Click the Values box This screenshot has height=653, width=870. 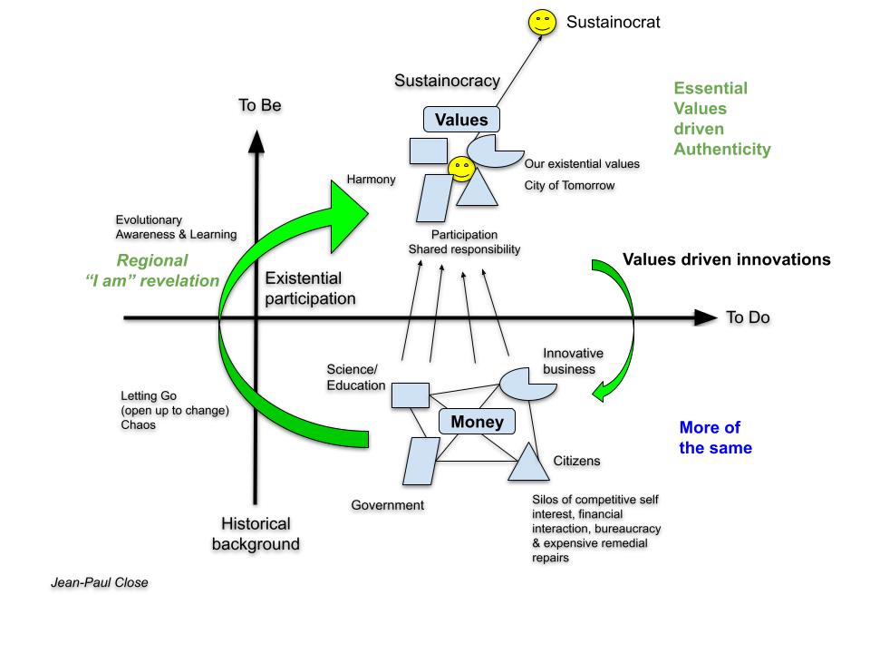(x=461, y=120)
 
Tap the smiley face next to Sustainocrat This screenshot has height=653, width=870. (x=543, y=22)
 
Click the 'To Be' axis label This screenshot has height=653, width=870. (x=260, y=105)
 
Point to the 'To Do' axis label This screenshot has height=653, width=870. (x=748, y=318)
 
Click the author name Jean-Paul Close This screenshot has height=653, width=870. (x=99, y=582)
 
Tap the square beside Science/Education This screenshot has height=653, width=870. (x=410, y=394)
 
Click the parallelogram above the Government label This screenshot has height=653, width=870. (x=419, y=462)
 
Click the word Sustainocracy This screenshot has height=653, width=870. (x=447, y=82)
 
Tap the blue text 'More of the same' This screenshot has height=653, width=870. (x=716, y=437)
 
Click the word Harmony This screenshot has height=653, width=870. (x=372, y=180)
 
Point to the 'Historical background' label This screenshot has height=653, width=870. (x=256, y=534)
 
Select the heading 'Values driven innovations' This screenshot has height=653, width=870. (x=727, y=259)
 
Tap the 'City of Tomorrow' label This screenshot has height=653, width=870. (x=569, y=186)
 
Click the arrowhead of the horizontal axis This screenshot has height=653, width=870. (x=707, y=317)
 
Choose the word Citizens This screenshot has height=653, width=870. (x=576, y=461)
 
